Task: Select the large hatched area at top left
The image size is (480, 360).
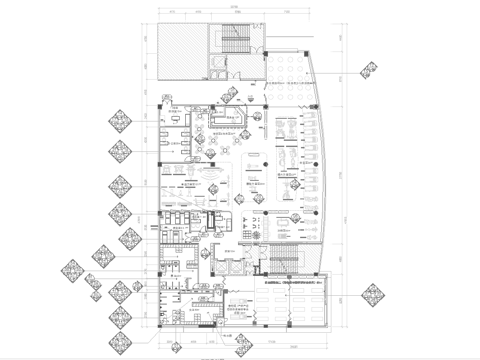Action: click(x=179, y=51)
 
